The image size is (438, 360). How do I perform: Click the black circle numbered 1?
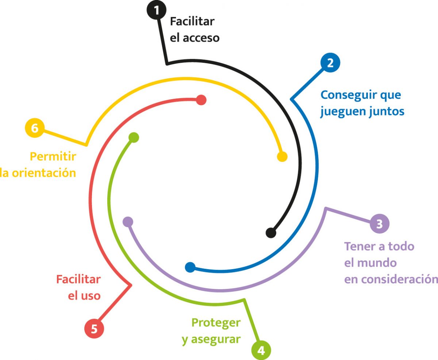click(x=157, y=10)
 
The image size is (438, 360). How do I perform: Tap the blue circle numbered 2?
click(x=330, y=63)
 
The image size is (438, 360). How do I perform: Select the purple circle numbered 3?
click(x=379, y=223)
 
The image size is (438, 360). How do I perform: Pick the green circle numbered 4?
click(x=261, y=350)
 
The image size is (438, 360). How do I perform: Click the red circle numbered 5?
click(x=94, y=329)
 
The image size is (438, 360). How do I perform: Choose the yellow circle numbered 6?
click(x=34, y=128)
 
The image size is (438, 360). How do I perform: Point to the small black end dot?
click(x=271, y=232)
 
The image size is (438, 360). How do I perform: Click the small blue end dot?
click(x=190, y=267)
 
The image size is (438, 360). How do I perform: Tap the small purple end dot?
click(x=128, y=221)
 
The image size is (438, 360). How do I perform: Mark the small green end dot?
click(x=134, y=138)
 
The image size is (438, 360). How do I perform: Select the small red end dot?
click(x=201, y=100)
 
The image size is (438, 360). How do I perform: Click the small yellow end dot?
click(x=282, y=157)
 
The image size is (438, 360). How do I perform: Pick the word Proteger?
click(x=216, y=323)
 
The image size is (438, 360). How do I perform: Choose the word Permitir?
click(x=53, y=157)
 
